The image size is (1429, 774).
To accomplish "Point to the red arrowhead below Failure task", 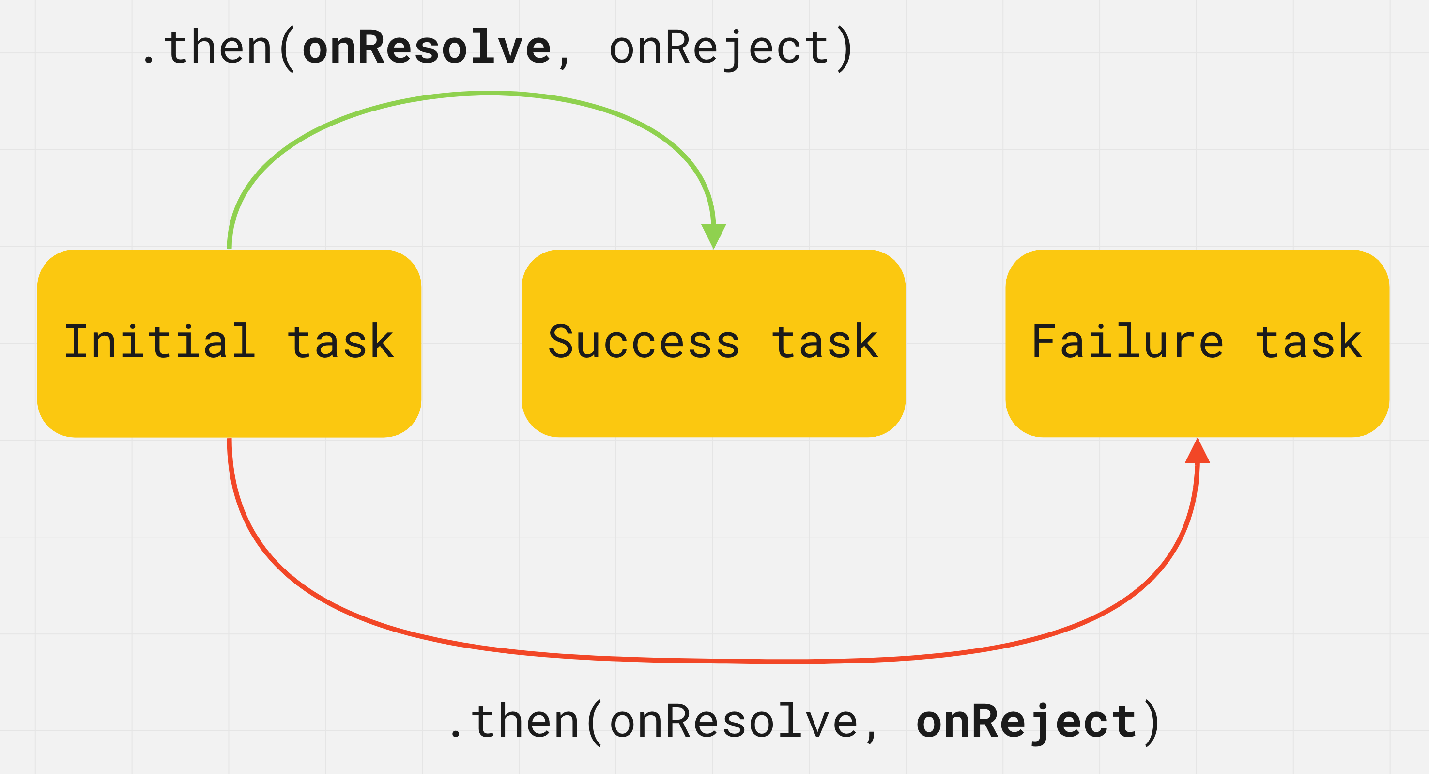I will (1197, 451).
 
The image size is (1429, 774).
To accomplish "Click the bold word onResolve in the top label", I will (427, 48).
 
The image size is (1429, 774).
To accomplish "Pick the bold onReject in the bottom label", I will (1026, 722).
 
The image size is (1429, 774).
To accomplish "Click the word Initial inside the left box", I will (160, 342).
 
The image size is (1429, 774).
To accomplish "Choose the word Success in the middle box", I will (644, 342).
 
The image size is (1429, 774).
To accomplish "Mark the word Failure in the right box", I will (1128, 342).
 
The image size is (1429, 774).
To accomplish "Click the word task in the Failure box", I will (1308, 342).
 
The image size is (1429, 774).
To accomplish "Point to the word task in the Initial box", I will (340, 342).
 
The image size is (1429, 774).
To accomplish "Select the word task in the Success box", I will (825, 342).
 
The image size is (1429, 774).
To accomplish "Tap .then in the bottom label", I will (515, 722).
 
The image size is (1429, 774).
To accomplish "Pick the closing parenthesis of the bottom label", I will (1152, 723).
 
